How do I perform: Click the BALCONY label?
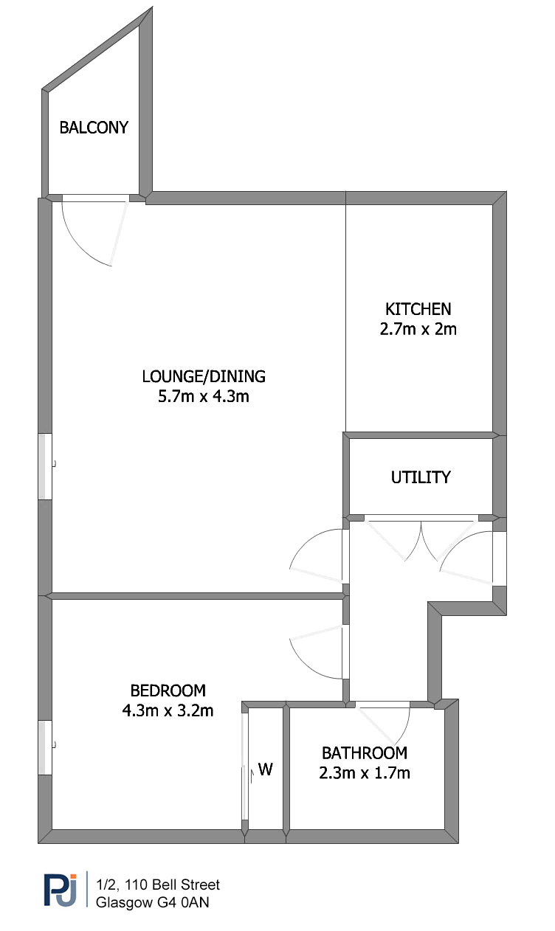94,128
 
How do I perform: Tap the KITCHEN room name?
418,309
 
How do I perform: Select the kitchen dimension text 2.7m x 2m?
418,329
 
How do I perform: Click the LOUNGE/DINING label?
204,376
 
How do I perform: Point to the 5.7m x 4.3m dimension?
204,396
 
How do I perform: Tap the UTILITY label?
421,477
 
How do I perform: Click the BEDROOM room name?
168,691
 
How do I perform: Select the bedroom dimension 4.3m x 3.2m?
168,710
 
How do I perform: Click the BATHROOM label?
365,753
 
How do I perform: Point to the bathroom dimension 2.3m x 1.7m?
365,773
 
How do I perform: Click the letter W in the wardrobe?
265,769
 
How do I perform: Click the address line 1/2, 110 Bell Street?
158,885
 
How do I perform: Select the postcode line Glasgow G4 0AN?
153,903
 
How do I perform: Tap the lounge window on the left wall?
45,466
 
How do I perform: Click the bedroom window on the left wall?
45,747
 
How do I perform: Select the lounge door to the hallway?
317,556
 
